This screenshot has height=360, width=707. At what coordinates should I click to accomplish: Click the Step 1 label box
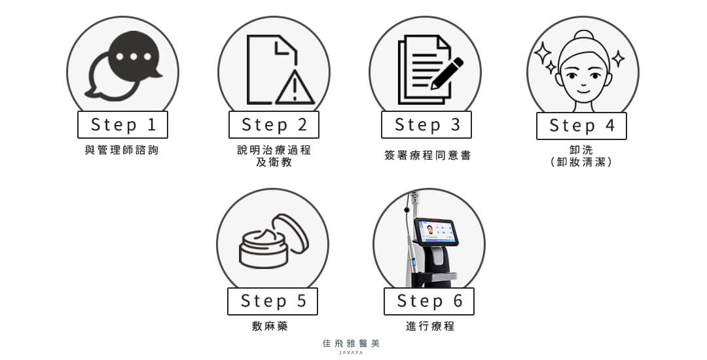[122, 125]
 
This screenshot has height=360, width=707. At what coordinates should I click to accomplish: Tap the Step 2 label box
[274, 125]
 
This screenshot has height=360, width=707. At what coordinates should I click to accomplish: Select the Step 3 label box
[427, 125]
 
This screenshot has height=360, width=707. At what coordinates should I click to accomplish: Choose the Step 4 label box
[582, 126]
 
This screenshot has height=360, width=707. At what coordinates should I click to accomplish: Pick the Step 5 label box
[273, 302]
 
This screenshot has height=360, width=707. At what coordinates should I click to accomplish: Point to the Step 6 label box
[429, 302]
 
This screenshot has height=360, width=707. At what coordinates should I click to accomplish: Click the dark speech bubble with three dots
[134, 56]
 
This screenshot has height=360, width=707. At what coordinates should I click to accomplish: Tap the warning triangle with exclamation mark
[295, 88]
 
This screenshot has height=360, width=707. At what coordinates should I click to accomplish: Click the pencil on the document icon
[446, 73]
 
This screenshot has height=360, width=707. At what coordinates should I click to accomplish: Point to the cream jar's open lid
[291, 234]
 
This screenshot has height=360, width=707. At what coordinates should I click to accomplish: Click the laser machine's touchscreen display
[435, 231]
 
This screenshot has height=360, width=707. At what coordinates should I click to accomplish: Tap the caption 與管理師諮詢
[122, 150]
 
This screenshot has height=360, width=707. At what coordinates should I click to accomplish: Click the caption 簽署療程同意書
[427, 155]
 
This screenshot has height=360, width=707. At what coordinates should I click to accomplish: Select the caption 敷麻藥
[270, 326]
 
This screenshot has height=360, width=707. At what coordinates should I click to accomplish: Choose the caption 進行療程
[430, 326]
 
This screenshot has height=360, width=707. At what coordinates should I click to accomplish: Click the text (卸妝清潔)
[581, 162]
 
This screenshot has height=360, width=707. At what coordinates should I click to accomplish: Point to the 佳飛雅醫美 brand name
[352, 344]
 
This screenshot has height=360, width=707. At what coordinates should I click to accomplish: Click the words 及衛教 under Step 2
[274, 162]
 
